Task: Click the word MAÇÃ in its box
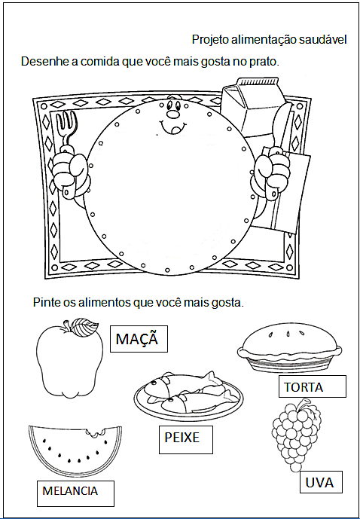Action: pos(136,339)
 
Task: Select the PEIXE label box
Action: pos(185,440)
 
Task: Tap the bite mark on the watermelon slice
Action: pos(96,432)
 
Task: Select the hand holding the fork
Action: pos(71,174)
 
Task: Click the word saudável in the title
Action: pos(322,40)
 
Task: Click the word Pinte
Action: pos(45,303)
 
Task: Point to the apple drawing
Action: pos(69,359)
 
